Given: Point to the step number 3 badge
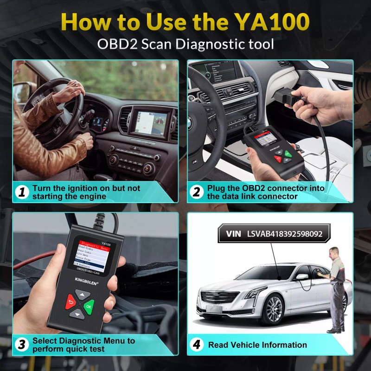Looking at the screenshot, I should coord(21,345).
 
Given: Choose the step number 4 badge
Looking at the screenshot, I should coord(196,345).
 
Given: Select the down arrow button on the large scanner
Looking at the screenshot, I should coord(77,314).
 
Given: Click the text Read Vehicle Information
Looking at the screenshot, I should coord(257,345).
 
